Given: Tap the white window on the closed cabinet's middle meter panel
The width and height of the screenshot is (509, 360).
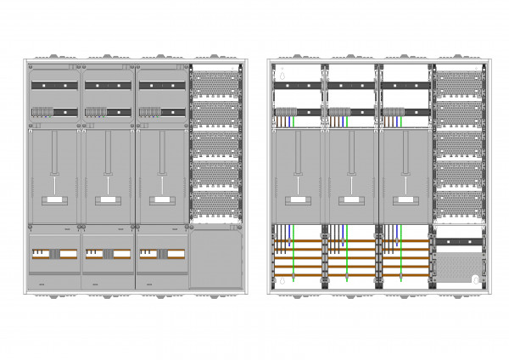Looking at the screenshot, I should (x=107, y=200).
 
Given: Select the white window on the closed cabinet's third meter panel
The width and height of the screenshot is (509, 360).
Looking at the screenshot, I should (x=160, y=200).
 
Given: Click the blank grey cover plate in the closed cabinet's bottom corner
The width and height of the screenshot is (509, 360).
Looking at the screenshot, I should (x=215, y=259).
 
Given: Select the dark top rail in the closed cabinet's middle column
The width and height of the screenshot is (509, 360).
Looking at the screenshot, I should (x=107, y=86).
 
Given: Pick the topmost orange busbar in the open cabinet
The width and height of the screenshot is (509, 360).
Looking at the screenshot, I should (x=348, y=242).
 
